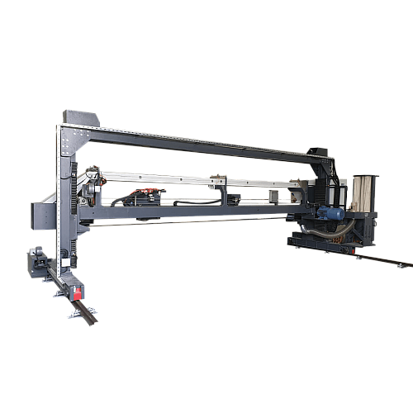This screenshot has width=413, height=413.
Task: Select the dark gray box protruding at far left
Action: (37, 212)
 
